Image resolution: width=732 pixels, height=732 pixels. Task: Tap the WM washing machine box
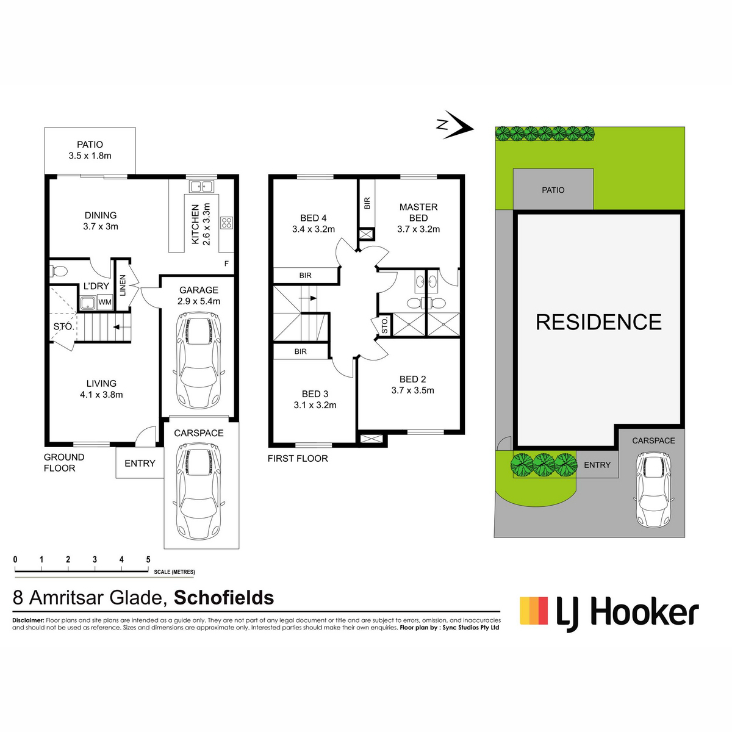point(105,302)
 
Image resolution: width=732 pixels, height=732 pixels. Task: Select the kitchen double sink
point(202,186)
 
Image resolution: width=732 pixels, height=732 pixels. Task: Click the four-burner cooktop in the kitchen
point(227,223)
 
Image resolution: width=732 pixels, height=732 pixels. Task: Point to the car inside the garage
point(199,361)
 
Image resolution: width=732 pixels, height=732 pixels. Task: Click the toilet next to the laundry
point(59,271)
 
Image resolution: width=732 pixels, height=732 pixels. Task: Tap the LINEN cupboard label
point(123,285)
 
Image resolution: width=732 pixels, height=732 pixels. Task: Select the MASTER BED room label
point(418,212)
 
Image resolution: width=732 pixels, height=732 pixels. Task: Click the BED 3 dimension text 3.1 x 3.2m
point(315,405)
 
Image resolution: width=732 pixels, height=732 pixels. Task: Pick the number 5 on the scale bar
point(148,559)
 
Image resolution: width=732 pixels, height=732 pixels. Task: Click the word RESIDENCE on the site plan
point(598,322)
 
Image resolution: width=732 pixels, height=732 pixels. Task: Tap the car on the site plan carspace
point(653,490)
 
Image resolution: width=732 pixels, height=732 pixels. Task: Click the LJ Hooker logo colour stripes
point(534,611)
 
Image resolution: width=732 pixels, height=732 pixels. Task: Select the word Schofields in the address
point(224,598)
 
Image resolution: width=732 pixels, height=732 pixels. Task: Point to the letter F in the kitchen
point(226,264)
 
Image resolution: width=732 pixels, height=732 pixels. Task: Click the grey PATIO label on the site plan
point(553,190)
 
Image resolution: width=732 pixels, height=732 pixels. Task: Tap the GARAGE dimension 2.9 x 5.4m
point(199,301)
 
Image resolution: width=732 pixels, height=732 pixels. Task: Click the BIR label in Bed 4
point(306,276)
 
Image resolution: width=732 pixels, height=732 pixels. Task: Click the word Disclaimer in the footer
point(29,620)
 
